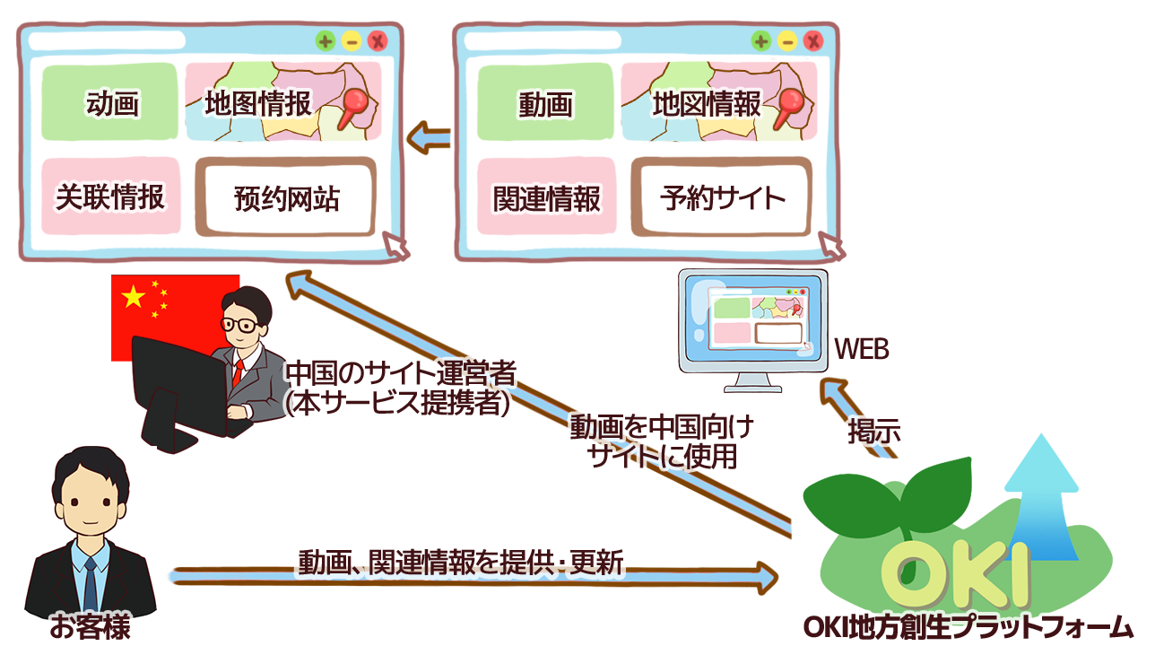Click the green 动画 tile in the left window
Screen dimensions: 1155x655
coord(109,101)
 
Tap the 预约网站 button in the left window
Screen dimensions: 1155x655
coord(286,197)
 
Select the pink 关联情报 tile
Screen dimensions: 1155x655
coord(111,196)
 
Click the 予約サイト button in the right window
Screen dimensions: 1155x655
coord(721,197)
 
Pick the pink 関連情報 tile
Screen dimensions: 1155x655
coord(547,196)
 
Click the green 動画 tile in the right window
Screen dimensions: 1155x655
coord(545,101)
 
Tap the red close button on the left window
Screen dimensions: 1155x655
coord(378,40)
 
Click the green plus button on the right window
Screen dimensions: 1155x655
coord(761,40)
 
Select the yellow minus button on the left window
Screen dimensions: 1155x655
coord(352,40)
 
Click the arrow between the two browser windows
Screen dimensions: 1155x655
coord(429,137)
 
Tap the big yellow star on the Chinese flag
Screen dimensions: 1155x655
coord(133,297)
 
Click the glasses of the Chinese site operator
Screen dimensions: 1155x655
coord(239,325)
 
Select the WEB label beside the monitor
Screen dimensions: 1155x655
coord(862,349)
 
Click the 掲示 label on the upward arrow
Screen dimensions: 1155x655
coord(874,432)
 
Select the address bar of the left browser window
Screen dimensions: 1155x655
coord(107,40)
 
